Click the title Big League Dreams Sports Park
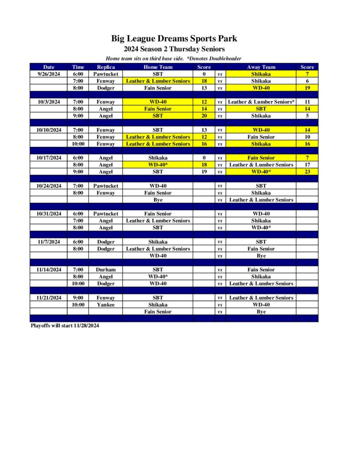click(x=174, y=39)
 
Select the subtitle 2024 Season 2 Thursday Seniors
click(x=174, y=49)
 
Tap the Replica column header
click(x=106, y=67)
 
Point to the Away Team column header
click(x=261, y=67)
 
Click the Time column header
click(x=78, y=67)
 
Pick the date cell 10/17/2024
click(x=49, y=158)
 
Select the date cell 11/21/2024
click(x=49, y=298)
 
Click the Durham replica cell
click(x=106, y=269)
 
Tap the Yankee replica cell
click(x=106, y=304)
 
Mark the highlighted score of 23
click(x=307, y=172)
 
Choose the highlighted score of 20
click(x=204, y=116)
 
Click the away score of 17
click(x=307, y=165)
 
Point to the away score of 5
click(x=307, y=116)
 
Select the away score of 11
click(x=307, y=102)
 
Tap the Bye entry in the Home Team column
click(x=157, y=200)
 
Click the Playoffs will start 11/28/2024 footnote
click(x=64, y=326)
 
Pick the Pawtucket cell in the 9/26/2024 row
click(x=106, y=74)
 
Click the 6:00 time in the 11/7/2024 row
click(x=78, y=242)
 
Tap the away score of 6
click(x=307, y=81)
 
